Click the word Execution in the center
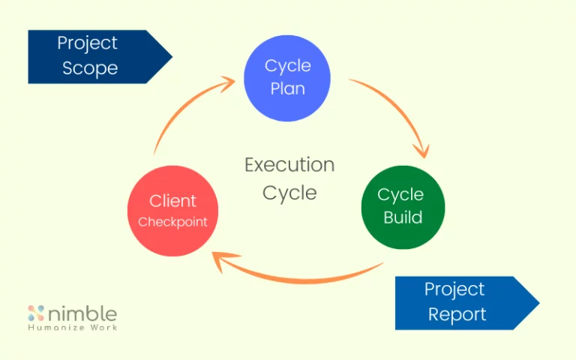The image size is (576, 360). [x=289, y=165]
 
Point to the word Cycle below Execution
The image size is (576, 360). [x=289, y=193]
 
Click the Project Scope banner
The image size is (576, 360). [x=94, y=56]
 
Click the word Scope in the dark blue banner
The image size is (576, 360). [x=90, y=68]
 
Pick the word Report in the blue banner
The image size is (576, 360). [x=457, y=314]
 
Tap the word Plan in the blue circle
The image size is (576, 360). [x=287, y=88]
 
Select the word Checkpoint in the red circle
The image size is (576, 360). [x=172, y=222]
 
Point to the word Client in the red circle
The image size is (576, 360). [x=172, y=201]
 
